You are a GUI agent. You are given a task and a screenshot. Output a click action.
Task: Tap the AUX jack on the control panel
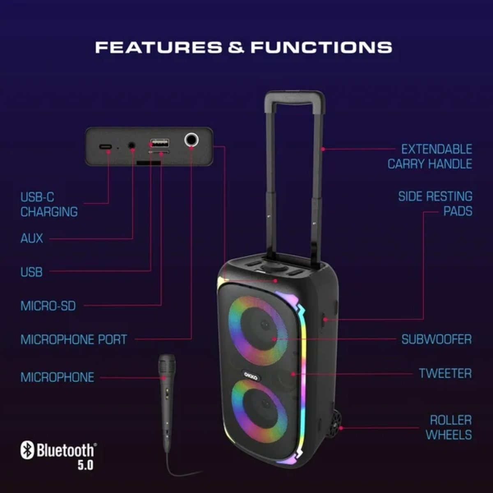coord(132,145)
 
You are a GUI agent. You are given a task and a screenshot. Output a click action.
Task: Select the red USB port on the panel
coord(159,143)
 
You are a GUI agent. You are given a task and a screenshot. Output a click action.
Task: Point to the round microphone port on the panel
coord(191,141)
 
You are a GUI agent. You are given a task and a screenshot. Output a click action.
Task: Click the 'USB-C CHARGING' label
coord(49,205)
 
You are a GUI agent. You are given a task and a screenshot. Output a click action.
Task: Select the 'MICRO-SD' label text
coord(48,306)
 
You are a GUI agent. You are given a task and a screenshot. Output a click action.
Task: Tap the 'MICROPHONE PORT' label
coord(74,340)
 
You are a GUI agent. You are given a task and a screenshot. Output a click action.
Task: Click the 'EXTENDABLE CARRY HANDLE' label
coord(430,157)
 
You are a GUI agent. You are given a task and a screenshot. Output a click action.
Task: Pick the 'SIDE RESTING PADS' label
coord(435,204)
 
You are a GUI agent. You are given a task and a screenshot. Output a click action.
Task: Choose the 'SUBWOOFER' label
coord(436,339)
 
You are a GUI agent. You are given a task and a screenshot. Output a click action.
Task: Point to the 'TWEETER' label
coord(445,373)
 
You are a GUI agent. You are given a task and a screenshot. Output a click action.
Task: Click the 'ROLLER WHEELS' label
coord(449,427)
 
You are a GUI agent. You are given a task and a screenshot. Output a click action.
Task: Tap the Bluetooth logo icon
coord(27,450)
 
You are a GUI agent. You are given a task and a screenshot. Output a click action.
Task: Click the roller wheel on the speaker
coord(335,422)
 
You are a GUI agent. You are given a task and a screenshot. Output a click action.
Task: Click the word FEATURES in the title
coord(159,47)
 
